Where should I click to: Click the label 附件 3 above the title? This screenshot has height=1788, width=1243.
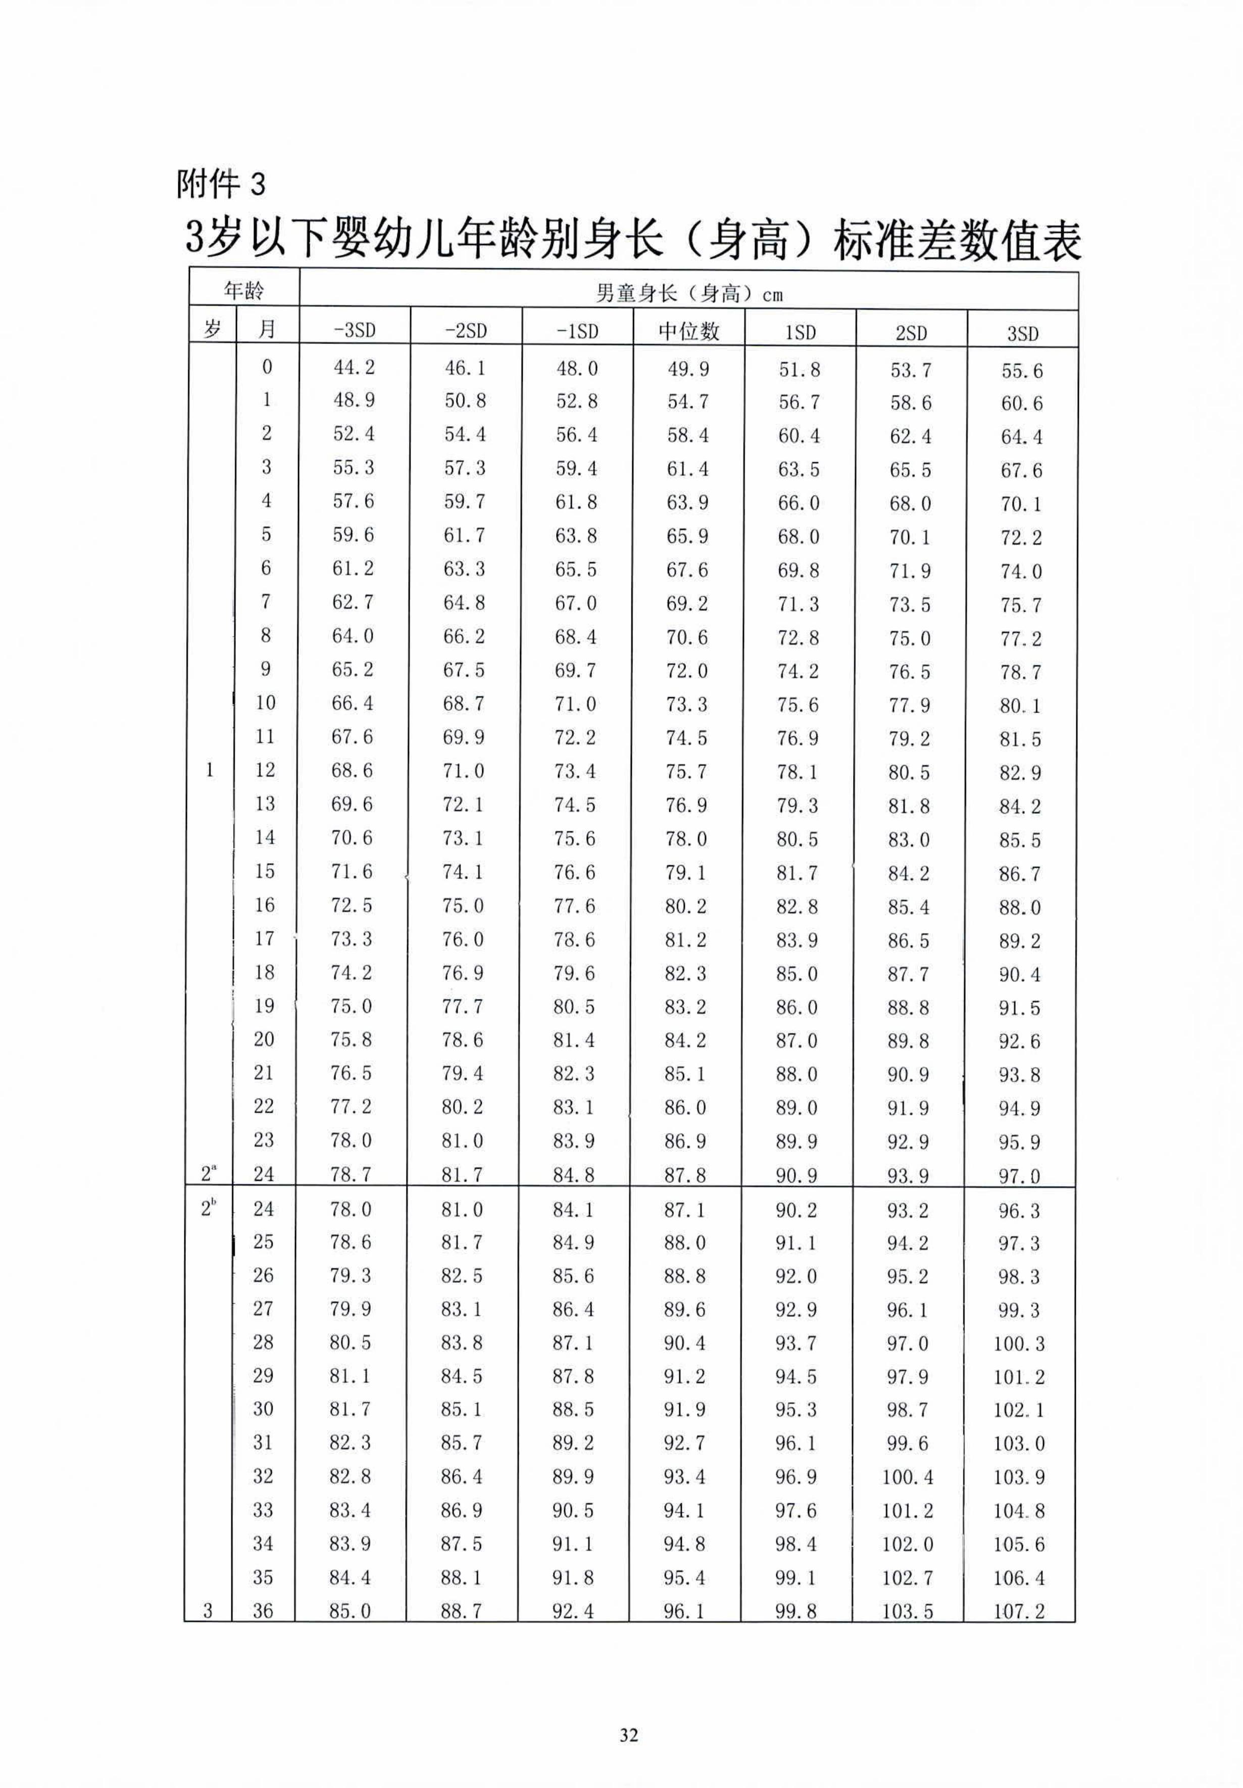coord(221,184)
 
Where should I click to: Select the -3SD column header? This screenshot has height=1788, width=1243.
coord(355,330)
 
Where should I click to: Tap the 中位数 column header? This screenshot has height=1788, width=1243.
coord(688,330)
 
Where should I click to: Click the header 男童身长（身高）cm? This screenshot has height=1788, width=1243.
coord(688,293)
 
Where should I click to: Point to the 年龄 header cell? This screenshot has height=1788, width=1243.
coord(244,290)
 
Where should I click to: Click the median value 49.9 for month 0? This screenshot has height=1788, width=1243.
coord(688,368)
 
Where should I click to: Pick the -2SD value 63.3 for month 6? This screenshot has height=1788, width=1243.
coord(464,569)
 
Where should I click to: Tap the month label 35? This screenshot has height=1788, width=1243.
coord(263,1577)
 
